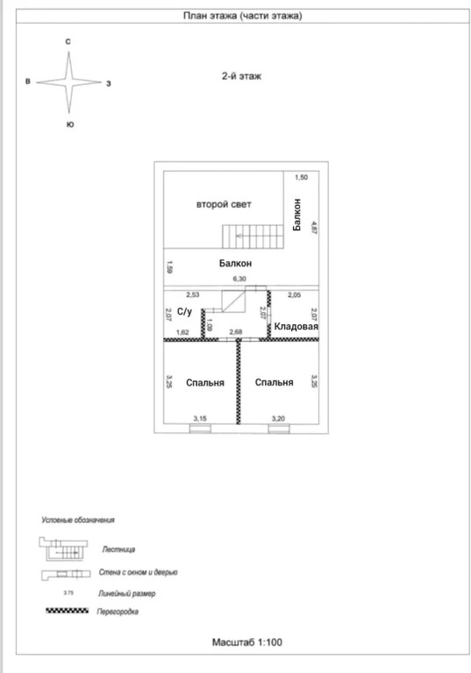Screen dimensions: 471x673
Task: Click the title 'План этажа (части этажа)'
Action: (242, 16)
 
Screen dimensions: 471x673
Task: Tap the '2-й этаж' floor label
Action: (241, 76)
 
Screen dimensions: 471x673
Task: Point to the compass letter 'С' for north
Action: (68, 42)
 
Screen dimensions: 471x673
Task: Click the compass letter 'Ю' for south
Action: (70, 124)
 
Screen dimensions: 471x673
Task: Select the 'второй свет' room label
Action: (224, 204)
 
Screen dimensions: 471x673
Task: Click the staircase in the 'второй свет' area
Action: (253, 237)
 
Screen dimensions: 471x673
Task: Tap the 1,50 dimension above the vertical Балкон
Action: (301, 177)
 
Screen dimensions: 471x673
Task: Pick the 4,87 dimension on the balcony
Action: (314, 228)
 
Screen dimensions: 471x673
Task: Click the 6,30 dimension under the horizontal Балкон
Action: (239, 279)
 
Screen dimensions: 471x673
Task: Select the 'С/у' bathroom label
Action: (185, 311)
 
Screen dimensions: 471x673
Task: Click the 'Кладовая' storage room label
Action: (296, 326)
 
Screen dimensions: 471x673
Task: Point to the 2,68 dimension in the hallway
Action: (236, 332)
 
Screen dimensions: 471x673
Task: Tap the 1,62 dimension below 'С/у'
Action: (182, 332)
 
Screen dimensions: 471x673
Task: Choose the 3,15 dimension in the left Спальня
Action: (200, 419)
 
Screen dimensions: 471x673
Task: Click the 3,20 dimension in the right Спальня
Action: (278, 419)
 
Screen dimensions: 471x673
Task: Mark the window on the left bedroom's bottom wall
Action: (200, 429)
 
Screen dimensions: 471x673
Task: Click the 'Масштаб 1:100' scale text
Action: (247, 642)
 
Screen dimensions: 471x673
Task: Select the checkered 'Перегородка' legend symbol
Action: (68, 611)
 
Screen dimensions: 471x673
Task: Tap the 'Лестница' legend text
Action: (118, 549)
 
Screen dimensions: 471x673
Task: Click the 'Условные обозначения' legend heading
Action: (78, 521)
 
